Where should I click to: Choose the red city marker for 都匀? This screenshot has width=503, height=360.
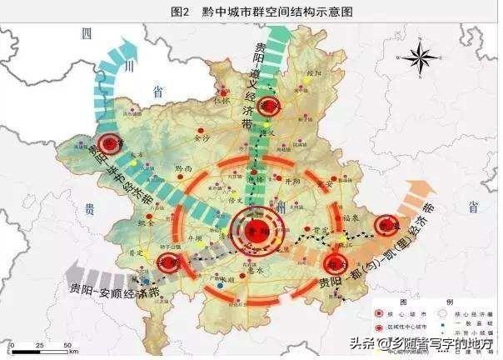[x=333, y=265]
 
